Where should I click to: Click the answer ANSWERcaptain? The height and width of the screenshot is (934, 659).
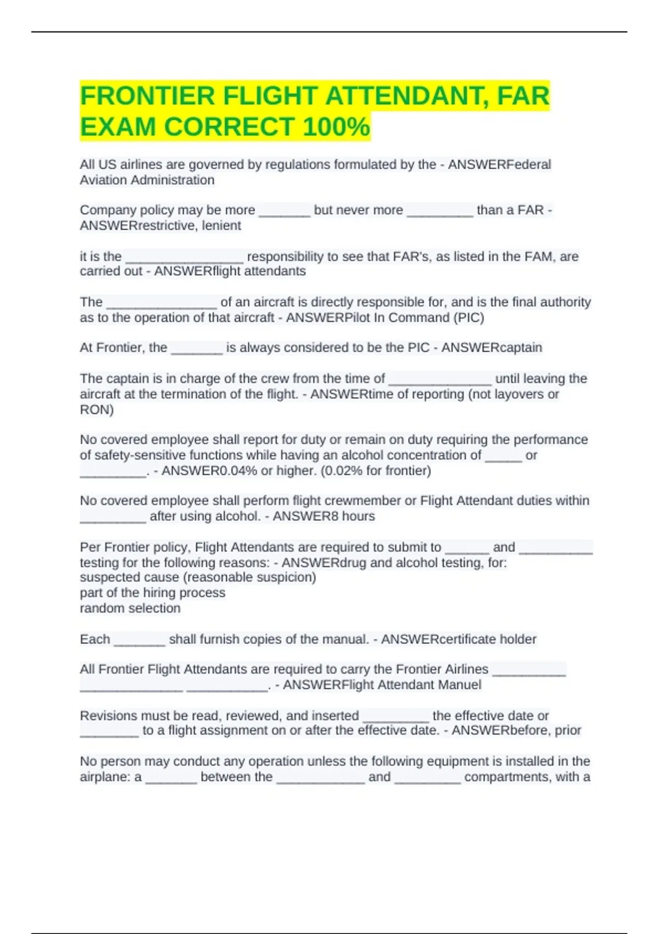point(492,348)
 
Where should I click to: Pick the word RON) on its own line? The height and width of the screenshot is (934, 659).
point(97,410)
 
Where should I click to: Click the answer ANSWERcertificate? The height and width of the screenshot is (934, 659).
point(432,640)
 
